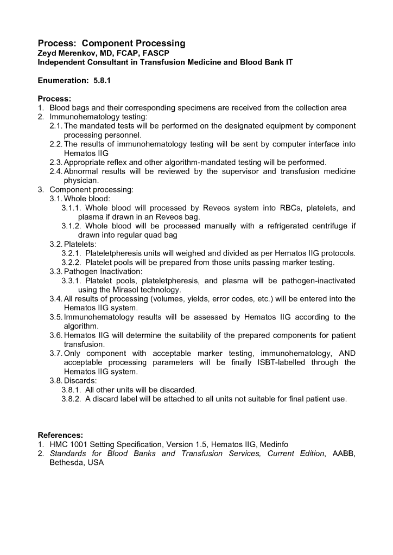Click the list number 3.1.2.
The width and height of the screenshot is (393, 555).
tap(71, 226)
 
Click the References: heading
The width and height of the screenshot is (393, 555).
tap(60, 435)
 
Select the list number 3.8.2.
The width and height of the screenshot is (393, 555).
tap(71, 399)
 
